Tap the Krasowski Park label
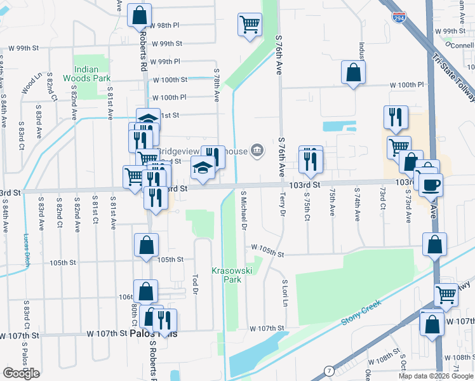(226, 274)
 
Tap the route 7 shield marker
(328, 370)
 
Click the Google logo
(21, 373)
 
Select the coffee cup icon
(431, 185)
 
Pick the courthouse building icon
(257, 150)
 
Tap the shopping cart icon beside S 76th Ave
(250, 25)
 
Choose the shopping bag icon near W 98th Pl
(140, 15)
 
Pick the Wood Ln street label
(30, 82)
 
